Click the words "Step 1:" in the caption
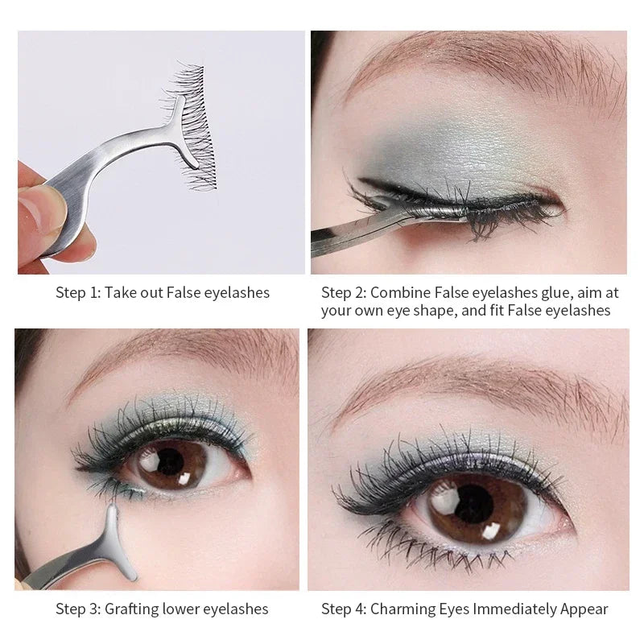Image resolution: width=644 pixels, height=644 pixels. (78, 293)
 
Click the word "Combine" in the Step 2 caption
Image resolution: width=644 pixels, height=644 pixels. (400, 293)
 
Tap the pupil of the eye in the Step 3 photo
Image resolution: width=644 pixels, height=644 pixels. (170, 462)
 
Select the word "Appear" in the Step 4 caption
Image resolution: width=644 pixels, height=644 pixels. (583, 609)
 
